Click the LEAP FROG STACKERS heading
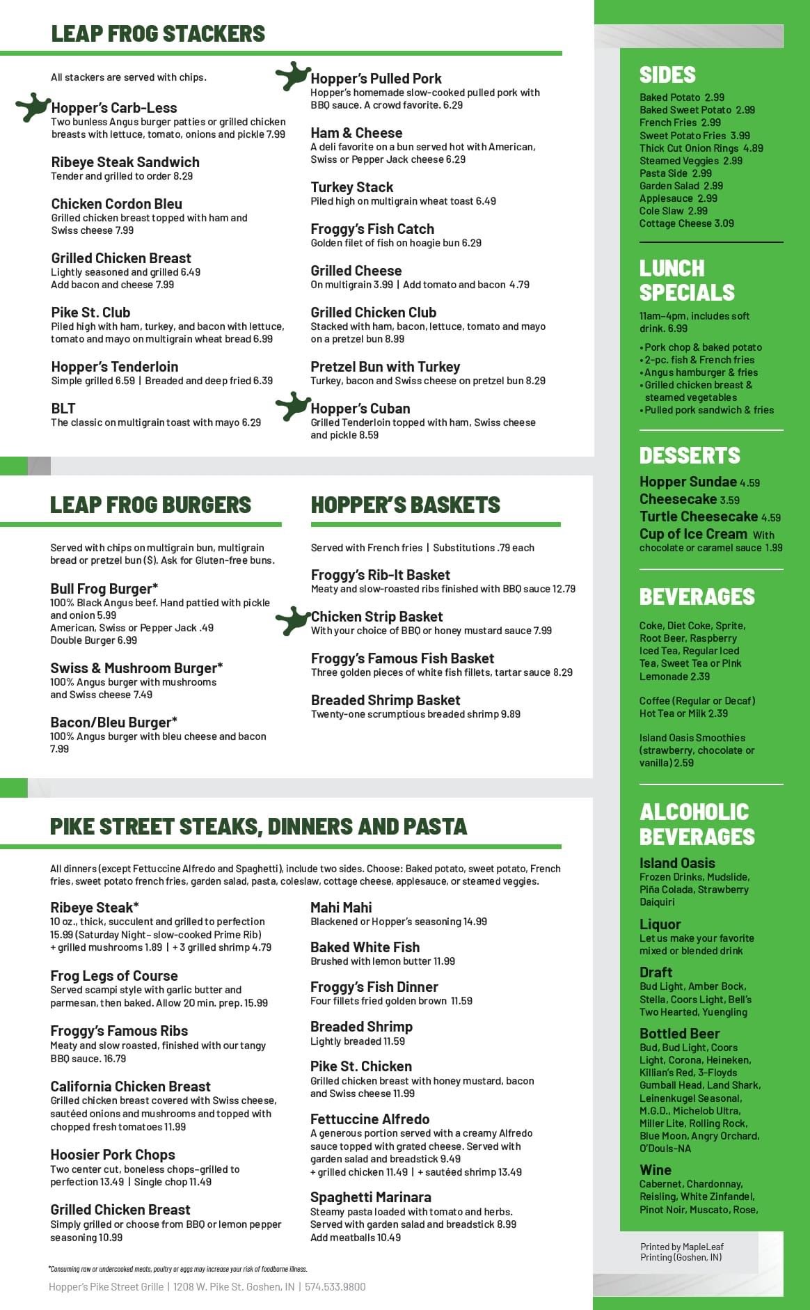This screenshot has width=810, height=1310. pyautogui.click(x=158, y=33)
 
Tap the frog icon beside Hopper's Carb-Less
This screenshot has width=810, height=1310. pyautogui.click(x=32, y=107)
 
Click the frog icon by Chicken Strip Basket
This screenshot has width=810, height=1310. pyautogui.click(x=292, y=620)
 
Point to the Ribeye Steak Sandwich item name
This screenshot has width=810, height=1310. pyautogui.click(x=125, y=162)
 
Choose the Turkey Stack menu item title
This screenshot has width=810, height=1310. pyautogui.click(x=351, y=187)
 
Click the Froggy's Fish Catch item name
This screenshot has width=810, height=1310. pyautogui.click(x=372, y=229)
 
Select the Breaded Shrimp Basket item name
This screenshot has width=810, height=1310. pyautogui.click(x=386, y=700)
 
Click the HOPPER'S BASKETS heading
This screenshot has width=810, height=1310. pyautogui.click(x=406, y=505)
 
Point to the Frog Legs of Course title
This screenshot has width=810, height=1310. pyautogui.click(x=114, y=976)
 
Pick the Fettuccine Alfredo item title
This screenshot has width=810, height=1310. pyautogui.click(x=370, y=1119)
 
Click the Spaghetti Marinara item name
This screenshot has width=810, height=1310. pyautogui.click(x=371, y=1197)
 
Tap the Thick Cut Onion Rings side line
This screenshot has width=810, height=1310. pyautogui.click(x=701, y=148)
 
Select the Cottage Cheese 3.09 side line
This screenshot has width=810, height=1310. pyautogui.click(x=687, y=223)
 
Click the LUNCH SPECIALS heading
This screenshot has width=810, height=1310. pyautogui.click(x=687, y=280)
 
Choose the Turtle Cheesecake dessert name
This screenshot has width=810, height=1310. pyautogui.click(x=699, y=516)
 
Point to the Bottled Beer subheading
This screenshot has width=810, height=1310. pyautogui.click(x=679, y=1034)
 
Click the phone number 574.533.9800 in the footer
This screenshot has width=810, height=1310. pyautogui.click(x=335, y=1287)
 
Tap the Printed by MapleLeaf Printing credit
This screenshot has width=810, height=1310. pyautogui.click(x=682, y=1252)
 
